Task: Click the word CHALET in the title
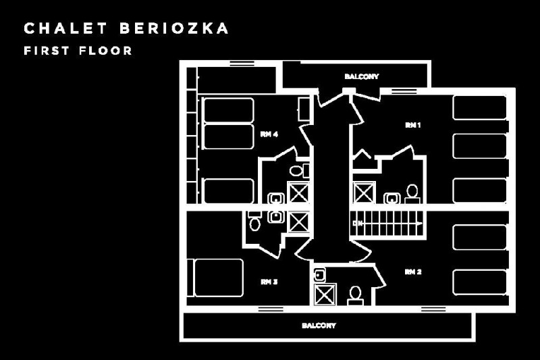click(57, 28)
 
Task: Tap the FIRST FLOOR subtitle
click(78, 51)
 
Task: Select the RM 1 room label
click(412, 125)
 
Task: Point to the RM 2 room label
click(413, 272)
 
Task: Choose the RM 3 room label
click(269, 282)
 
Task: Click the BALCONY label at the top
click(361, 76)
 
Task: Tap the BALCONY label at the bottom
click(319, 326)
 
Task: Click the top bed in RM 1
click(479, 108)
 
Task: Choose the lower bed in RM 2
click(479, 282)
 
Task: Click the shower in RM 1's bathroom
click(364, 192)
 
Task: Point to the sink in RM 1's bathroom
click(391, 198)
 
